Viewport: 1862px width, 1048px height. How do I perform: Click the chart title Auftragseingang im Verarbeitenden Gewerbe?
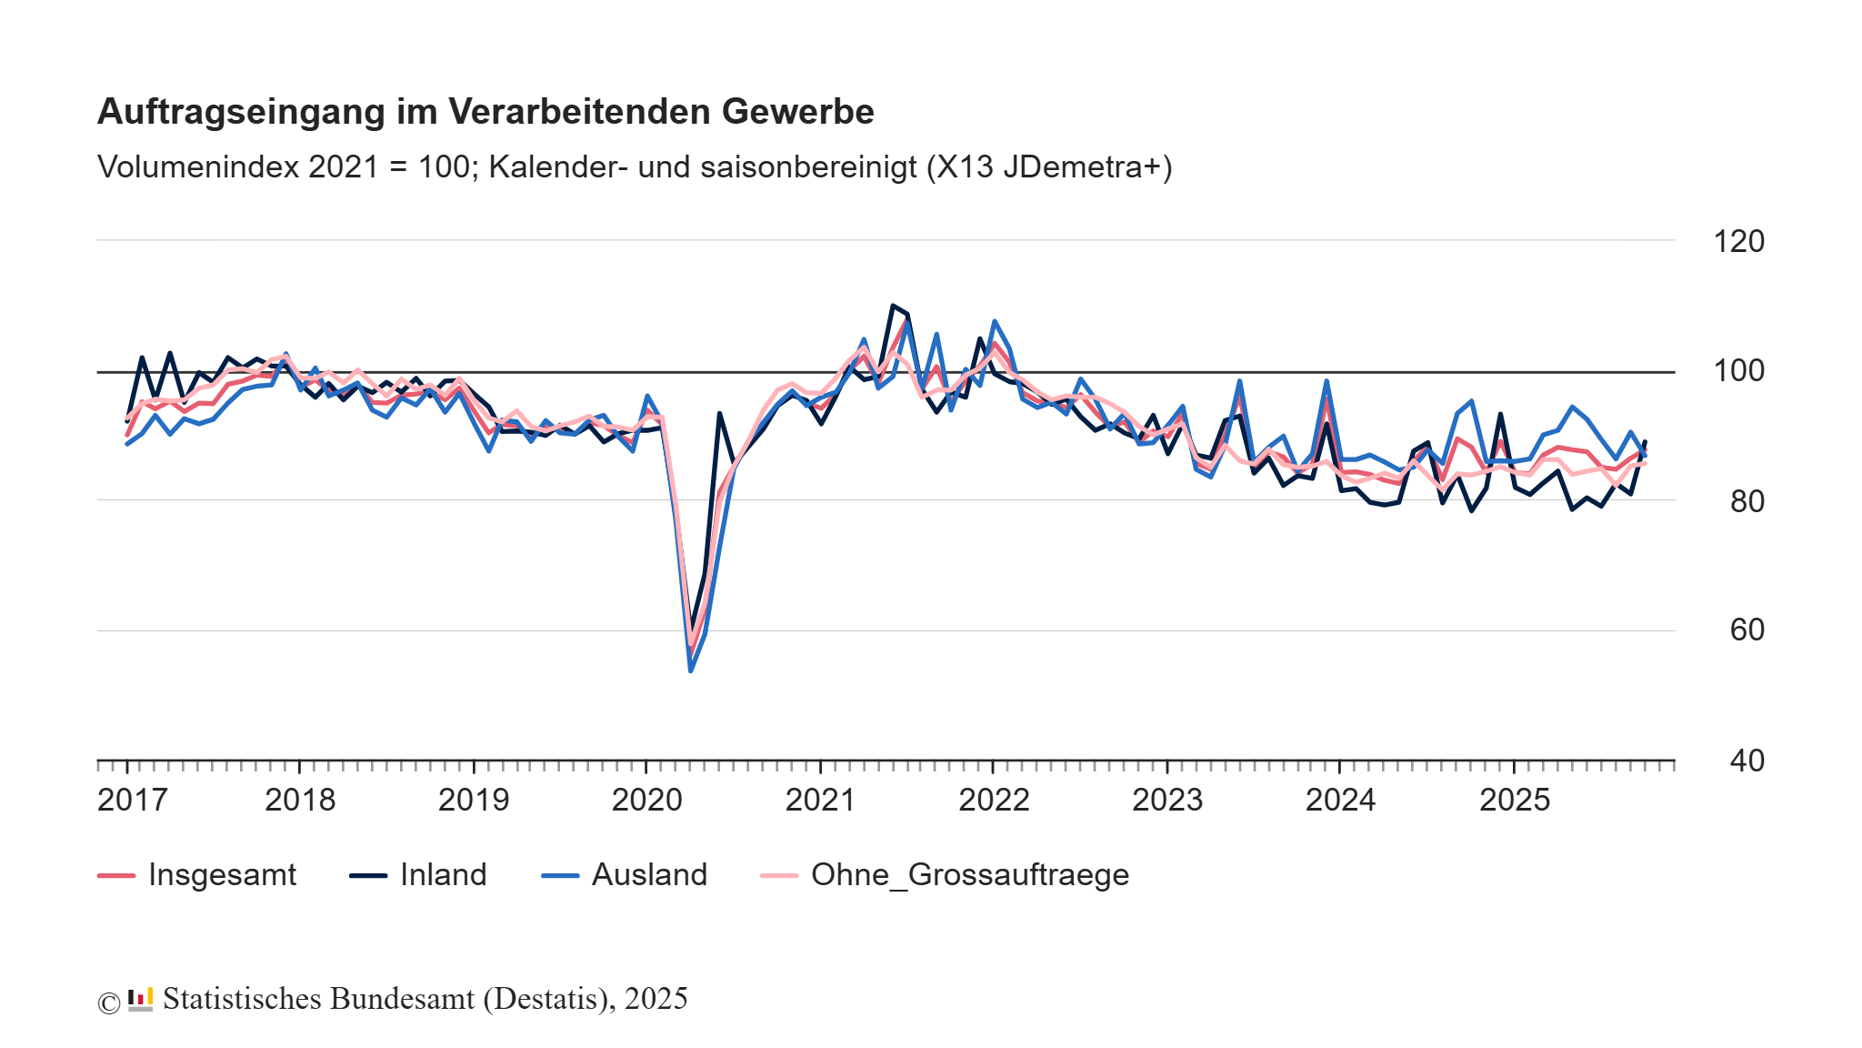(x=486, y=111)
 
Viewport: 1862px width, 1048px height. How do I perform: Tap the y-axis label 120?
(x=1738, y=241)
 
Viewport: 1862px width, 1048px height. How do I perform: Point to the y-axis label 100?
(x=1738, y=370)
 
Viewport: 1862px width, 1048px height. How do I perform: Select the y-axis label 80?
(x=1746, y=500)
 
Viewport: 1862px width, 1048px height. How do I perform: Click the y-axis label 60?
(x=1746, y=630)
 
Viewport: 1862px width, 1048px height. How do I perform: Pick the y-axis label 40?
(x=1746, y=760)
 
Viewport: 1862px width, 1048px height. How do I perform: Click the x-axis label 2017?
(x=133, y=800)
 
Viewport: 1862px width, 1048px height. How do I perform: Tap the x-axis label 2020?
(x=646, y=800)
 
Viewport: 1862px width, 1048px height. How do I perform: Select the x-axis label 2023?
(x=1166, y=800)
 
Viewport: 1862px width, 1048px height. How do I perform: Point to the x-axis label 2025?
(x=1514, y=800)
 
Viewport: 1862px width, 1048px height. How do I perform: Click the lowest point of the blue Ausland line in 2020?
(x=691, y=670)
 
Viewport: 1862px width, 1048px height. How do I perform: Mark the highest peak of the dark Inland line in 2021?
(x=893, y=306)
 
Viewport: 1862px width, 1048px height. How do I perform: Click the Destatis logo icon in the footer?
(x=140, y=999)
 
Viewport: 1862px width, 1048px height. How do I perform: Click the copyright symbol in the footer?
(x=108, y=1003)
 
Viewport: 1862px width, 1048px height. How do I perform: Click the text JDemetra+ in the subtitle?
(x=1082, y=167)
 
